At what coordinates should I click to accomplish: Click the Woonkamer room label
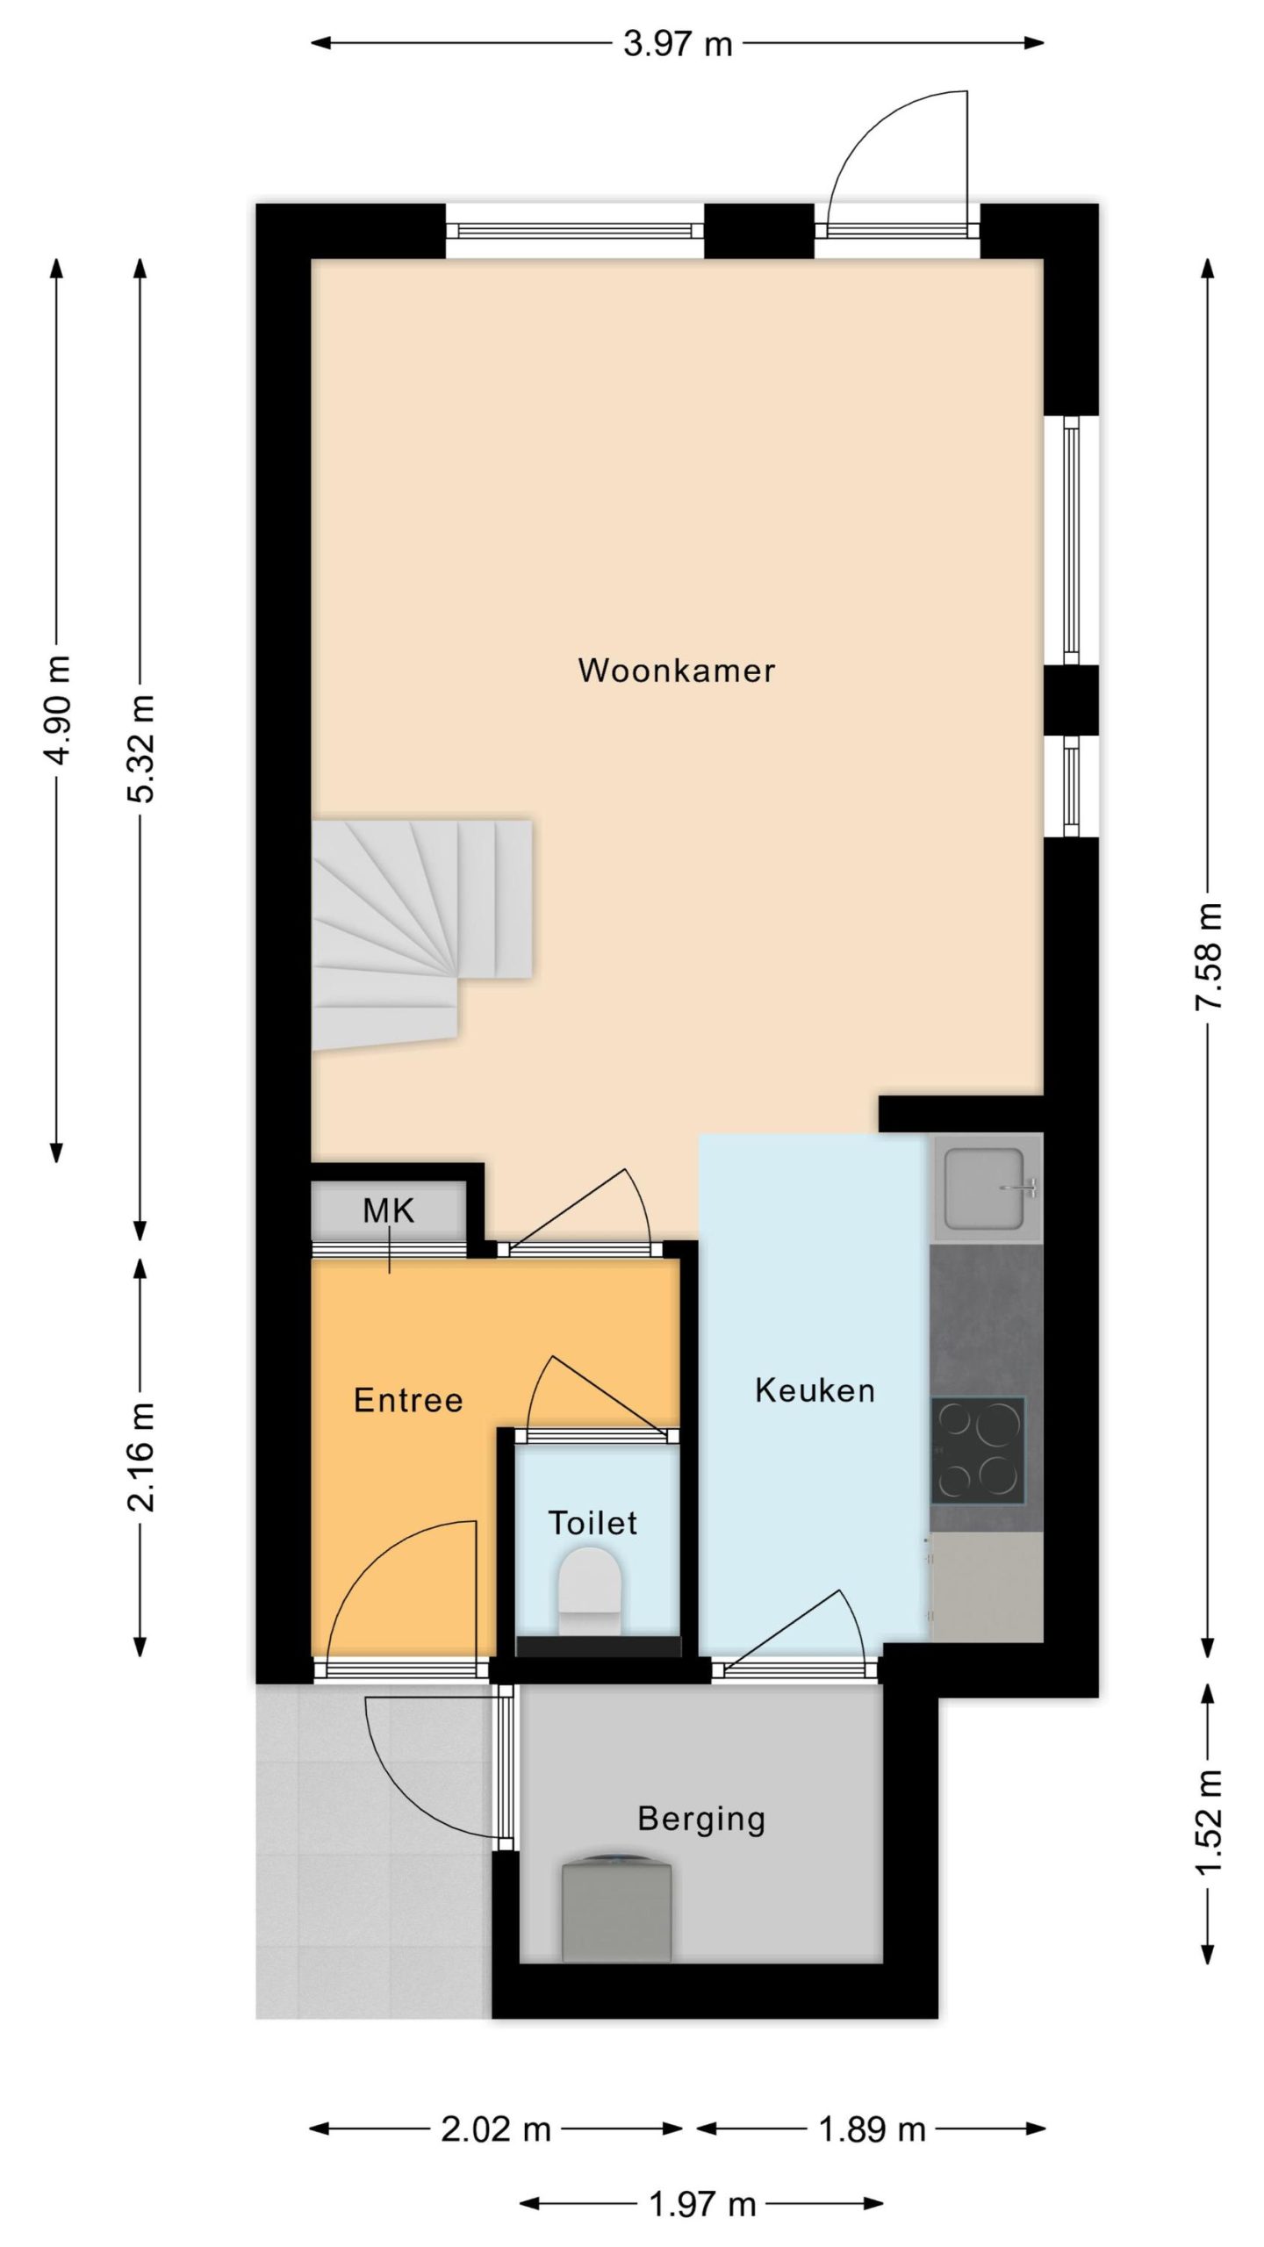tap(676, 671)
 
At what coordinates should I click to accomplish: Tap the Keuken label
tap(815, 1390)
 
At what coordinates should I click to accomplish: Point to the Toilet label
tap(592, 1523)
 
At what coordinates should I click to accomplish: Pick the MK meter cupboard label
tap(388, 1211)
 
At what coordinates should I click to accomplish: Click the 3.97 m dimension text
tap(678, 43)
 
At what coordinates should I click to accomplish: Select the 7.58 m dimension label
tap(1210, 956)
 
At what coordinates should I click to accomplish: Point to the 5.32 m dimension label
tap(140, 748)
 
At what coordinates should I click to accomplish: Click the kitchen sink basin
tap(984, 1188)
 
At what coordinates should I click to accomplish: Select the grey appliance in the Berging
tap(616, 1916)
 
